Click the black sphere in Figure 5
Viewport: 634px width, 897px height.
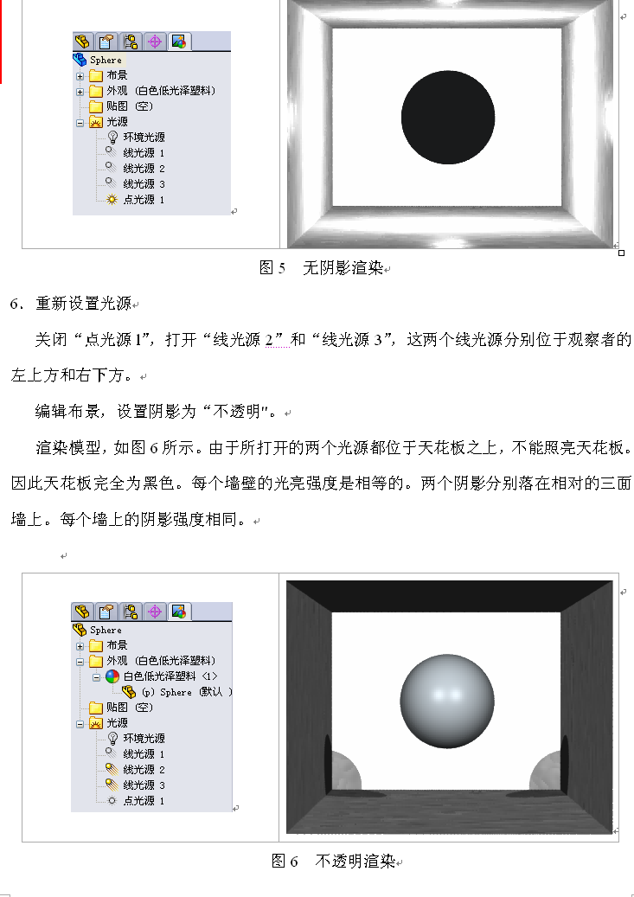tap(448, 118)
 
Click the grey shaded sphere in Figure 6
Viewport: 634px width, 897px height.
tap(447, 702)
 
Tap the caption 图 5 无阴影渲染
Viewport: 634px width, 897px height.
tap(322, 268)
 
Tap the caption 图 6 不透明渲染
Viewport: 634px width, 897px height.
tap(334, 861)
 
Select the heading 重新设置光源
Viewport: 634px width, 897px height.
tap(84, 304)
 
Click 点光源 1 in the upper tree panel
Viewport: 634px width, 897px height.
tap(144, 200)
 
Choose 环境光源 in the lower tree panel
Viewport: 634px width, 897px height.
tap(144, 739)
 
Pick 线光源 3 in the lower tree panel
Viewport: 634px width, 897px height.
tap(144, 785)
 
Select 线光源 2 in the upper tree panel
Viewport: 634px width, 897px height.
tap(144, 169)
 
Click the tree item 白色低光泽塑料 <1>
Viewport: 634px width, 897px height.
tap(170, 676)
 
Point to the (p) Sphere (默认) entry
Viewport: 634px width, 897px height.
tap(187, 692)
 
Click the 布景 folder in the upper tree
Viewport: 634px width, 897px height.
tap(117, 75)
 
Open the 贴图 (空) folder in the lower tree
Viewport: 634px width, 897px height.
tap(130, 708)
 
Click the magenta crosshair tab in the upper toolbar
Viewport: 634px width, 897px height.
tap(155, 42)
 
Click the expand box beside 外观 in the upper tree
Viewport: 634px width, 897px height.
tap(80, 92)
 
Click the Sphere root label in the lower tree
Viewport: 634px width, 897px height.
tap(106, 630)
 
